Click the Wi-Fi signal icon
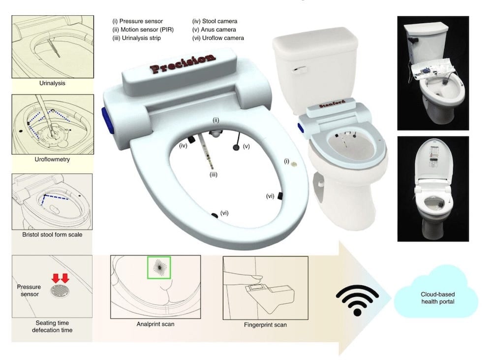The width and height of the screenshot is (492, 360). (x=357, y=300)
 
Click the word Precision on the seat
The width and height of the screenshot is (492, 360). (x=183, y=64)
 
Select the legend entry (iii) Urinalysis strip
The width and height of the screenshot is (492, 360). (x=136, y=38)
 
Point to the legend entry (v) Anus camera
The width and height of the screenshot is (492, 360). (x=214, y=30)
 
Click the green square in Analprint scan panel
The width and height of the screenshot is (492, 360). (x=159, y=267)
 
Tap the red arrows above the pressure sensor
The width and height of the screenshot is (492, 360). (x=61, y=278)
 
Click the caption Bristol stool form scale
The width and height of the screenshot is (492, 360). (x=52, y=234)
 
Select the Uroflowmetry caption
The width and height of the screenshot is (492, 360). (x=52, y=159)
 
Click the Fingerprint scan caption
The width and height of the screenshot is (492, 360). (x=266, y=325)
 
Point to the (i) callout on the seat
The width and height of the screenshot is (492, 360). (x=286, y=161)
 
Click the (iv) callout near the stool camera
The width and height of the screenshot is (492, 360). (x=183, y=145)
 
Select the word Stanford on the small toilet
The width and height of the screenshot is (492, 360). (x=332, y=104)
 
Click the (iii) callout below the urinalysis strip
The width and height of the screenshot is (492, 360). (x=214, y=175)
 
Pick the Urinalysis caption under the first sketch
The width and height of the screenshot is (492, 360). (x=52, y=83)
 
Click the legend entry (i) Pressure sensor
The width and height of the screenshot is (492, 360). (x=137, y=21)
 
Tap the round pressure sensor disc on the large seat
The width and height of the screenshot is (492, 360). (x=294, y=164)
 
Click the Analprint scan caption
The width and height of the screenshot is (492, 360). (x=155, y=324)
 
